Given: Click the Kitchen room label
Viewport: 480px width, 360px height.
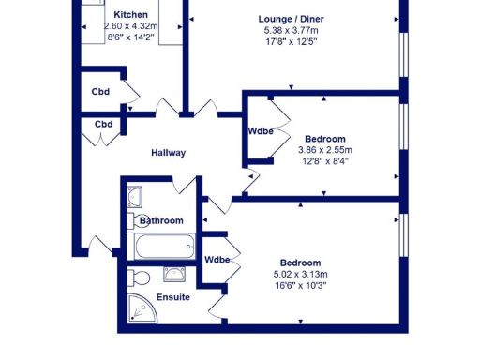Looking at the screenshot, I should point(131,16).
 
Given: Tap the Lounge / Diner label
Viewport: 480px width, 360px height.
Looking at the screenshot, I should point(292,17).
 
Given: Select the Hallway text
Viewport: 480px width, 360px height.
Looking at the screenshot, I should point(169,153).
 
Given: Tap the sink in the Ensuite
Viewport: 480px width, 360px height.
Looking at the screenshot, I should point(173,274).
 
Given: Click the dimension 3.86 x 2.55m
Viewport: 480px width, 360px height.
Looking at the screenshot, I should point(324,149).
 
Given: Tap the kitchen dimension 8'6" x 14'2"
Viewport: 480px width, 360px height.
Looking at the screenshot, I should point(131,38).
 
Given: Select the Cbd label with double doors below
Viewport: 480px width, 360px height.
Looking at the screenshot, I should point(103,124).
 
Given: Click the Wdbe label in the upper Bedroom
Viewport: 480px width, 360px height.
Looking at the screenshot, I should point(260,131).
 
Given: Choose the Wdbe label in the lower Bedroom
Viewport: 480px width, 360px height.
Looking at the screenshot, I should point(217,260).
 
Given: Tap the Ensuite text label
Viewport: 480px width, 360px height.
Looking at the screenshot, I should point(173,297).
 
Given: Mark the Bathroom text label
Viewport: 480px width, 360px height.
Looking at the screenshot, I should point(161,220).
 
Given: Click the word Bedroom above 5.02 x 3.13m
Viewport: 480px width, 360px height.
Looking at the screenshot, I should point(299,262).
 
